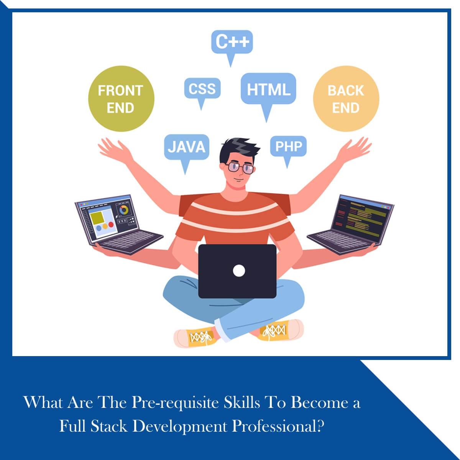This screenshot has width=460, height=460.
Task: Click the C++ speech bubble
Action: pos(232,42)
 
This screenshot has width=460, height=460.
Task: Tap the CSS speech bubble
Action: pos(202,89)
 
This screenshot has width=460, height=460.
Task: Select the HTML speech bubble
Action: pos(268,89)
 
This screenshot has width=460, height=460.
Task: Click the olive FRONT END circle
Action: pos(121,99)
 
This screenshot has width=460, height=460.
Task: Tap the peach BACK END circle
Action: pos(346,99)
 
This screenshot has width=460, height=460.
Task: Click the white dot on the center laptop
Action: pos(238,271)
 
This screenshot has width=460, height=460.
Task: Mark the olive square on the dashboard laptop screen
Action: pos(97,218)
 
